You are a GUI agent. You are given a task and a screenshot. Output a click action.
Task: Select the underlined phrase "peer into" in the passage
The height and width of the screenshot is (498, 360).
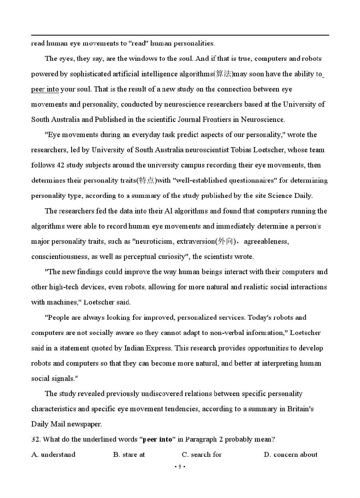click(x=45, y=89)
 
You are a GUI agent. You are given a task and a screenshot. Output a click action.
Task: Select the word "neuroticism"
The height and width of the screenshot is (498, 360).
click(x=155, y=241)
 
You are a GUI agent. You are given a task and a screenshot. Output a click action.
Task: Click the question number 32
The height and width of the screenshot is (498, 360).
click(x=35, y=439)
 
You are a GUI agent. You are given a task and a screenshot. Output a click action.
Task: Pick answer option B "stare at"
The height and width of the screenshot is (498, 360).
click(x=129, y=454)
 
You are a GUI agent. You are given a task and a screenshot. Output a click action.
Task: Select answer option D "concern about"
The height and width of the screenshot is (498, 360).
click(x=291, y=454)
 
